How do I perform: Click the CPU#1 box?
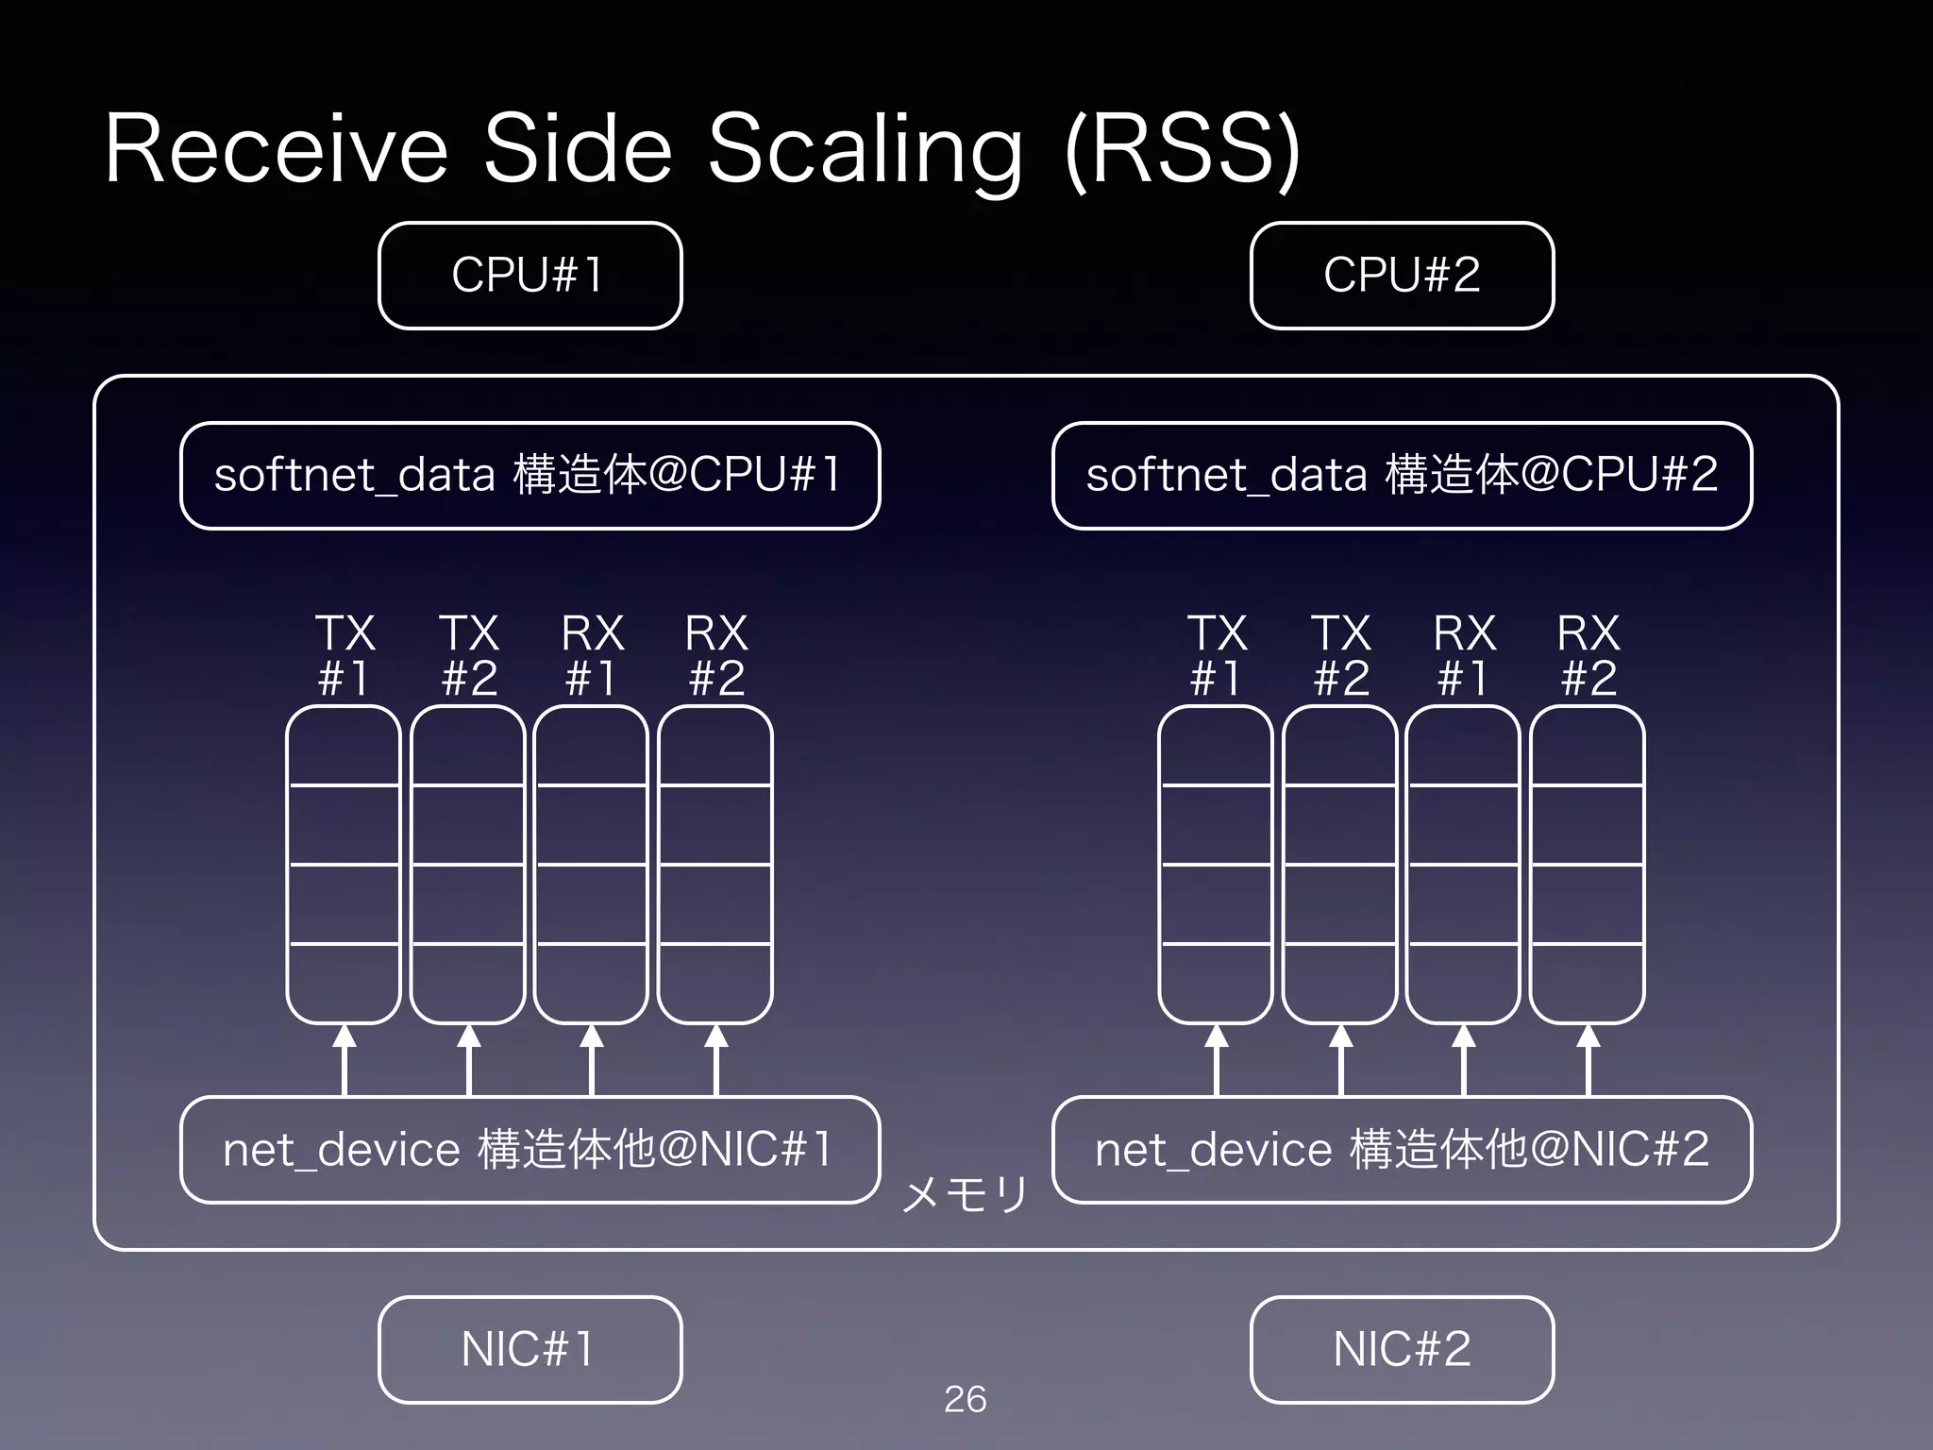[529, 276]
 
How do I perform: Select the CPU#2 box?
[1402, 276]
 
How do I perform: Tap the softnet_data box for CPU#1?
[529, 475]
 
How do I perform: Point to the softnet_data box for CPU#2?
[1402, 475]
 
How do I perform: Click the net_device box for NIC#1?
[529, 1150]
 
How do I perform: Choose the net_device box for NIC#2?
[1402, 1150]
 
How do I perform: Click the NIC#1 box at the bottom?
[529, 1349]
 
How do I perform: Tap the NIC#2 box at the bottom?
[1402, 1349]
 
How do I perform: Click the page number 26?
[965, 1399]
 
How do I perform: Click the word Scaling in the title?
[865, 151]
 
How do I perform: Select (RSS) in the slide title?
[1182, 151]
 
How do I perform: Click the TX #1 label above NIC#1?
[345, 655]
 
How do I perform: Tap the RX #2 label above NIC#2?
[1588, 655]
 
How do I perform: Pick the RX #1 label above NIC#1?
[592, 655]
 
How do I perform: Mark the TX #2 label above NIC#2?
[1341, 655]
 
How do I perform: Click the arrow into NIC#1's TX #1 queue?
[345, 1060]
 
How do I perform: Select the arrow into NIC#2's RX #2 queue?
[1588, 1060]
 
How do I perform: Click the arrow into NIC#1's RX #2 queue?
[716, 1060]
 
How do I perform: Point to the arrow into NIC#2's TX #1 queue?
[1217, 1060]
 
